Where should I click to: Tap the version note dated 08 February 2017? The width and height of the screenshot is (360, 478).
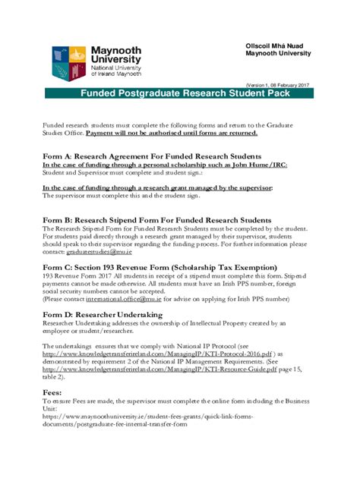[277, 85]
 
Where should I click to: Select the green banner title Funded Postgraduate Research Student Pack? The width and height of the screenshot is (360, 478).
[180, 96]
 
